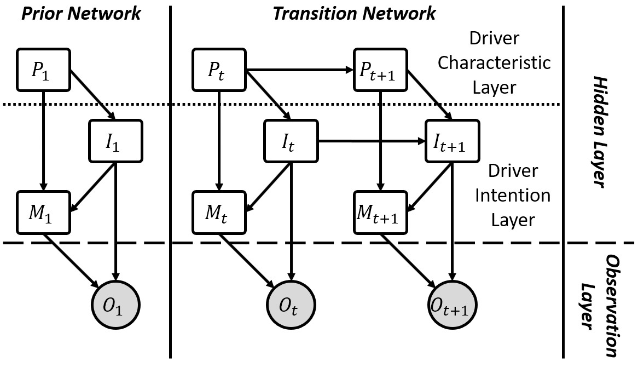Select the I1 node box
(x=115, y=141)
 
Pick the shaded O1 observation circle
(x=115, y=304)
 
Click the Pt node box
(x=219, y=71)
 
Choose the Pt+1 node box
(x=380, y=71)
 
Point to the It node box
(x=291, y=141)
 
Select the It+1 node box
(x=453, y=141)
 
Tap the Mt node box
(x=219, y=211)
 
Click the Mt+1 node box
(x=380, y=211)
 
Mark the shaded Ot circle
(x=291, y=304)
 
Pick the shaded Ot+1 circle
(x=453, y=304)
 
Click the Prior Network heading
(x=80, y=13)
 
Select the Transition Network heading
(x=354, y=13)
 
